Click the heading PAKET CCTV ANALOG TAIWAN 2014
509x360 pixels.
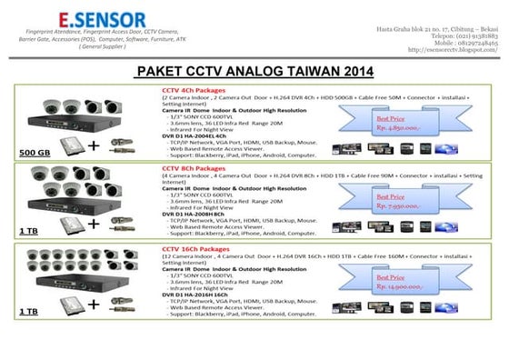pos(254,72)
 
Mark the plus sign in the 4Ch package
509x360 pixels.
pos(94,145)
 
